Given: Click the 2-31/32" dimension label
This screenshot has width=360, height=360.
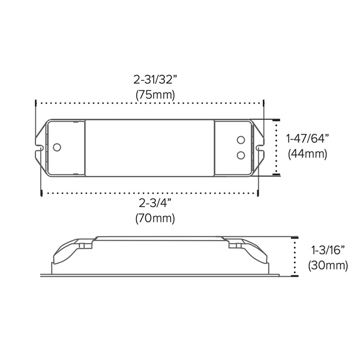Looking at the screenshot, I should [155, 80].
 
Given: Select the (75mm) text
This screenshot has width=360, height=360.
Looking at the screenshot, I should [155, 95].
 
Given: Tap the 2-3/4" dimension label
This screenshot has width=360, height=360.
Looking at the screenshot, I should [155, 202].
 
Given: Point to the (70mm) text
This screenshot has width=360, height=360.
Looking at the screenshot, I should [155, 218].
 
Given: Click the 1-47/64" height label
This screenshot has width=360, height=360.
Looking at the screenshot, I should [307, 138].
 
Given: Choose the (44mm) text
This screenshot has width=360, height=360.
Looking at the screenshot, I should [308, 153].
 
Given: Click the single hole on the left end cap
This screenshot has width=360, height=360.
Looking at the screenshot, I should [57, 147].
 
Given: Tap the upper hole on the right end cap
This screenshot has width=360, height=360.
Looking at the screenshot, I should [240, 140].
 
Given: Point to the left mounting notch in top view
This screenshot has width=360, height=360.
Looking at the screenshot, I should [39, 147].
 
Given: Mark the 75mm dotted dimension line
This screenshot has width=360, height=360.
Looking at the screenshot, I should [149, 104].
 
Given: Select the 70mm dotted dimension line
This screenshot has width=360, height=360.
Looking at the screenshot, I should [149, 193].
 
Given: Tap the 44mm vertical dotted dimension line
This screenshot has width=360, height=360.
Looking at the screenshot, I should [277, 147].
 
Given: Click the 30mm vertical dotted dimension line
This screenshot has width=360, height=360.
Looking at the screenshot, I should [295, 257].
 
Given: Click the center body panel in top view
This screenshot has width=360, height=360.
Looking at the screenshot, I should [149, 147].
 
